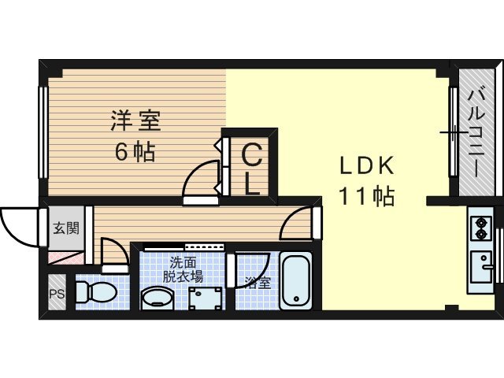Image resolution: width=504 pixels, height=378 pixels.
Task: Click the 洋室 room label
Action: pos(135,121)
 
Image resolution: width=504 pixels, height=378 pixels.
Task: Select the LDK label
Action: pos(365,166)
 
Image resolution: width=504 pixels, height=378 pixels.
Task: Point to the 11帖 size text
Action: pos(365,196)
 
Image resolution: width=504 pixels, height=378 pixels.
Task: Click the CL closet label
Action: pos(250,167)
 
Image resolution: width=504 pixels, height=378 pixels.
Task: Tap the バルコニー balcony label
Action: pos(476,134)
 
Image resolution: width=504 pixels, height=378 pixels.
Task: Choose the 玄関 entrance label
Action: pos(65,229)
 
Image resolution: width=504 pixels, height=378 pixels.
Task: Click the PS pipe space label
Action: pos(56,295)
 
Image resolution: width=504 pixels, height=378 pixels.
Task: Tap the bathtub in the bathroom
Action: pos(298,281)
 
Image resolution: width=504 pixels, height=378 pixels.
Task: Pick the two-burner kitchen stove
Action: pos(480,228)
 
